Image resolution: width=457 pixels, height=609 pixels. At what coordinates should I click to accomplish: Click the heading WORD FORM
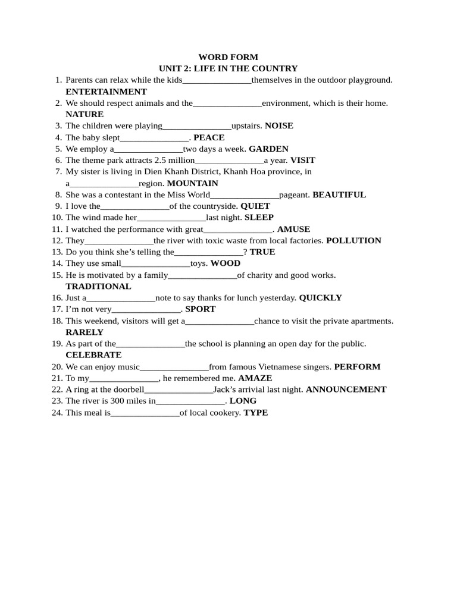[x=228, y=57]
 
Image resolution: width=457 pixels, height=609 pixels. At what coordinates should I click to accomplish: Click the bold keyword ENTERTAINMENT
[x=106, y=92]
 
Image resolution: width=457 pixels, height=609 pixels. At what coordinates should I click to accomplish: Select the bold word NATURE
[x=84, y=114]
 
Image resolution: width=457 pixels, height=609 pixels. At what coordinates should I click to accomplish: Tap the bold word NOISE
[x=279, y=125]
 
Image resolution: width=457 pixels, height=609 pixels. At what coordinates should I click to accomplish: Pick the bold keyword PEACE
[x=209, y=137]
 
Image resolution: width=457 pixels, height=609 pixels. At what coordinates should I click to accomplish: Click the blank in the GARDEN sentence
[x=148, y=149]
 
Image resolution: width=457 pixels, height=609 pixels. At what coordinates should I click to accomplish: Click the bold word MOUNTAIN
[x=193, y=183]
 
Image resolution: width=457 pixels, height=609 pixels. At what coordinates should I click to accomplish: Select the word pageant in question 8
[x=295, y=194]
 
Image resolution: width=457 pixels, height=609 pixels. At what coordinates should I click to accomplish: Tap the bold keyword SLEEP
[x=259, y=218]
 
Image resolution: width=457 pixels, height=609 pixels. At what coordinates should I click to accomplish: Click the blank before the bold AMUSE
[x=238, y=230]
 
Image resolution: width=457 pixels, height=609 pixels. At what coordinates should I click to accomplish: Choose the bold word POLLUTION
[x=354, y=240]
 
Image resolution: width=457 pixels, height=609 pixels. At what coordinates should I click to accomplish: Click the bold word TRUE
[x=262, y=252]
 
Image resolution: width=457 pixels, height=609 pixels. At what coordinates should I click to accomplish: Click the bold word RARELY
[x=84, y=332]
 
